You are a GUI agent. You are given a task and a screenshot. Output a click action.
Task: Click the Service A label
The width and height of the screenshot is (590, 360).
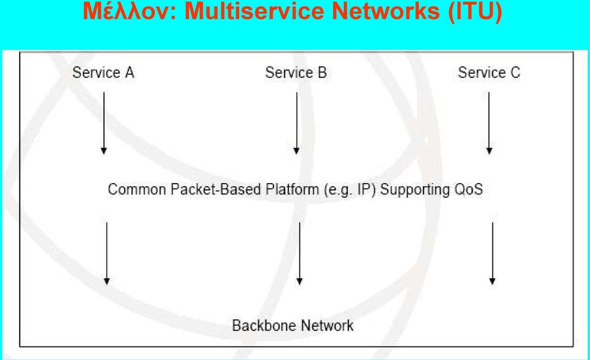pos(103,72)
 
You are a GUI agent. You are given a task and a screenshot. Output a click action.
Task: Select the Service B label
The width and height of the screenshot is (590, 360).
pos(296,72)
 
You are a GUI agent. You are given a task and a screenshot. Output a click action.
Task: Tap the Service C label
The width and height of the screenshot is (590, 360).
pos(489,72)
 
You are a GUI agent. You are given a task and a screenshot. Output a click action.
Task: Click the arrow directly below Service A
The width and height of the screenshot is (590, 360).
pos(104,123)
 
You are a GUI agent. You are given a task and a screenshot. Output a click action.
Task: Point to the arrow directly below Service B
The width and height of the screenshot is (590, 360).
pos(296,123)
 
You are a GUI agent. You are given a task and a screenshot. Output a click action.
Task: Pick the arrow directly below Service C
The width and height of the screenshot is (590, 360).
pos(489,123)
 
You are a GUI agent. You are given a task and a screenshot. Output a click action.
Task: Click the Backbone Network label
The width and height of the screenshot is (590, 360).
pos(293,326)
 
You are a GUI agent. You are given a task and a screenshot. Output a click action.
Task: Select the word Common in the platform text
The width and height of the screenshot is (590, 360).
pos(137,189)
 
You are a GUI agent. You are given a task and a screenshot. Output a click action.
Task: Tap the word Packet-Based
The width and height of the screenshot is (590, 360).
pos(216,189)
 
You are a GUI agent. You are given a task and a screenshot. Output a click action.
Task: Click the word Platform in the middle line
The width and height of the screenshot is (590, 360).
pos(293,189)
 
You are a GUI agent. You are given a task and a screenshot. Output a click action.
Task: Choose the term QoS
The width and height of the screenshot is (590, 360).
pos(468,189)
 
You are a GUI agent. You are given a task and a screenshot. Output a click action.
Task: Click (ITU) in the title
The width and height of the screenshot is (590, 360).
pos(475,11)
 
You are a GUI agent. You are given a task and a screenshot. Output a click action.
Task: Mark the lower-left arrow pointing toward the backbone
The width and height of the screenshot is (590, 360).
pos(107,254)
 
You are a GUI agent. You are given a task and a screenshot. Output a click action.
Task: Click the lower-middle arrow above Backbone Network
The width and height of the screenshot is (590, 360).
pos(299,254)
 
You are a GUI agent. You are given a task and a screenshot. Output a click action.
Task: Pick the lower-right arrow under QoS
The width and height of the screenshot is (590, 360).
pos(492,254)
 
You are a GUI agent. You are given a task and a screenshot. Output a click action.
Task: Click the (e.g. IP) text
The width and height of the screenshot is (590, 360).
pos(350,190)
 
